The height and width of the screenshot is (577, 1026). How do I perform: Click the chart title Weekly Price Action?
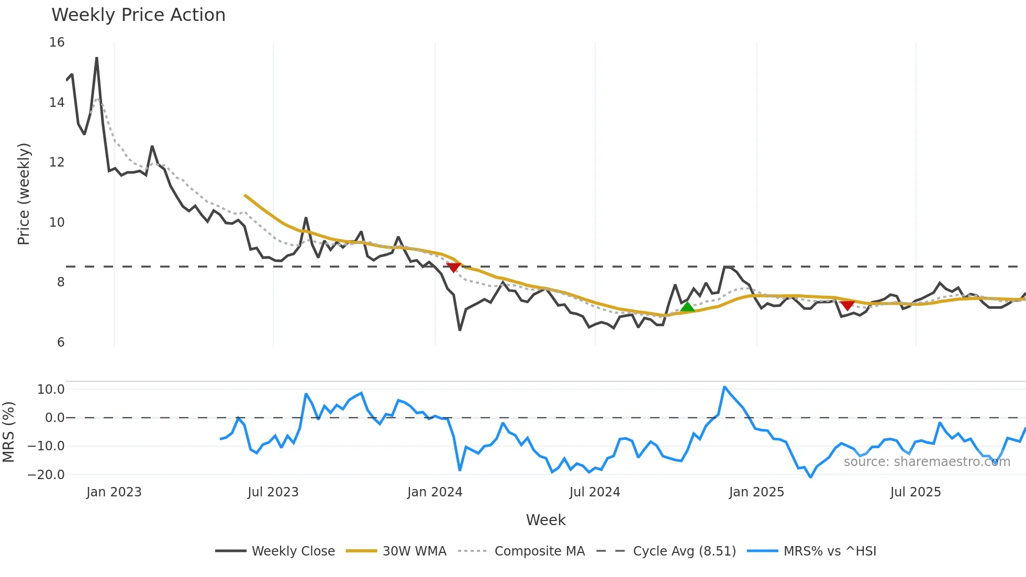pos(138,15)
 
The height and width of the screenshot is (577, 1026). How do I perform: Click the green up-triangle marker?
pos(687,307)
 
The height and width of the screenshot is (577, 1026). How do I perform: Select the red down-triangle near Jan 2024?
pos(453,267)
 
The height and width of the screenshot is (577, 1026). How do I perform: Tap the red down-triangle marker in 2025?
pos(847,305)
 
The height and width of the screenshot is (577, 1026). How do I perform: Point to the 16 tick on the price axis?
pos(57,42)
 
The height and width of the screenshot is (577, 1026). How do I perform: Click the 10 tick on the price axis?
pos(57,223)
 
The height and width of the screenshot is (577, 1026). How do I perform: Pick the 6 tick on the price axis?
pos(61,342)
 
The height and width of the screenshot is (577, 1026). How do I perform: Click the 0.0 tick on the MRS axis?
pos(54,418)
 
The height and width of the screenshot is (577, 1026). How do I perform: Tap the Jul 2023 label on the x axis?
pos(273,492)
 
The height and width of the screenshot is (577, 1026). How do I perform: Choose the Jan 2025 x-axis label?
pos(756,492)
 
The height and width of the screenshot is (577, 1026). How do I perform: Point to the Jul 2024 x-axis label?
pos(595,492)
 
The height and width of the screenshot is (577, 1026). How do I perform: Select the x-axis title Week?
pos(545,520)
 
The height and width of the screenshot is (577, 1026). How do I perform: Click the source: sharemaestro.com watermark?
pos(927,462)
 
